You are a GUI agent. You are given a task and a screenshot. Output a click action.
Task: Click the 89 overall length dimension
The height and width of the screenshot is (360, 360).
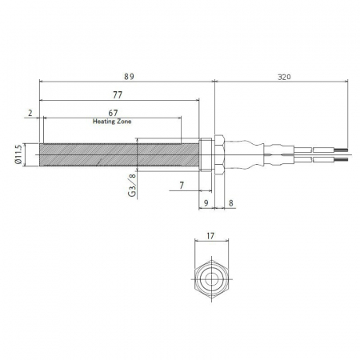(129, 77)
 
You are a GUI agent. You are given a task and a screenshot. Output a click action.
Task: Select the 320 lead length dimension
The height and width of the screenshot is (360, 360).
(284, 77)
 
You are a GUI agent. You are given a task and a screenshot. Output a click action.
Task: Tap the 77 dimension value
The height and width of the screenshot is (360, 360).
(118, 95)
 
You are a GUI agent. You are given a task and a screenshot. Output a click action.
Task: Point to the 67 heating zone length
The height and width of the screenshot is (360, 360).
(113, 113)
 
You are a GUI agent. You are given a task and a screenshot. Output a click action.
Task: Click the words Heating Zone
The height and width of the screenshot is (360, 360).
(112, 122)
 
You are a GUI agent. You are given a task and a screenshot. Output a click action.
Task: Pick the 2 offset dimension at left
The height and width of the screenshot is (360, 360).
(30, 113)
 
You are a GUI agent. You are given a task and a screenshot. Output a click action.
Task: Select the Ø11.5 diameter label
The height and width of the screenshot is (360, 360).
(18, 154)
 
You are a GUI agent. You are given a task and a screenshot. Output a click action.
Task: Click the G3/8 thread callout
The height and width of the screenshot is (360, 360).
(132, 185)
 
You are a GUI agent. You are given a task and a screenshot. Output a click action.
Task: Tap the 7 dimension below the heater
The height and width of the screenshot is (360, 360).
(182, 185)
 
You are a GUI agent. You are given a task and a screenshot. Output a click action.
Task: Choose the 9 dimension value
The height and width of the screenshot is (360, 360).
(206, 203)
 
